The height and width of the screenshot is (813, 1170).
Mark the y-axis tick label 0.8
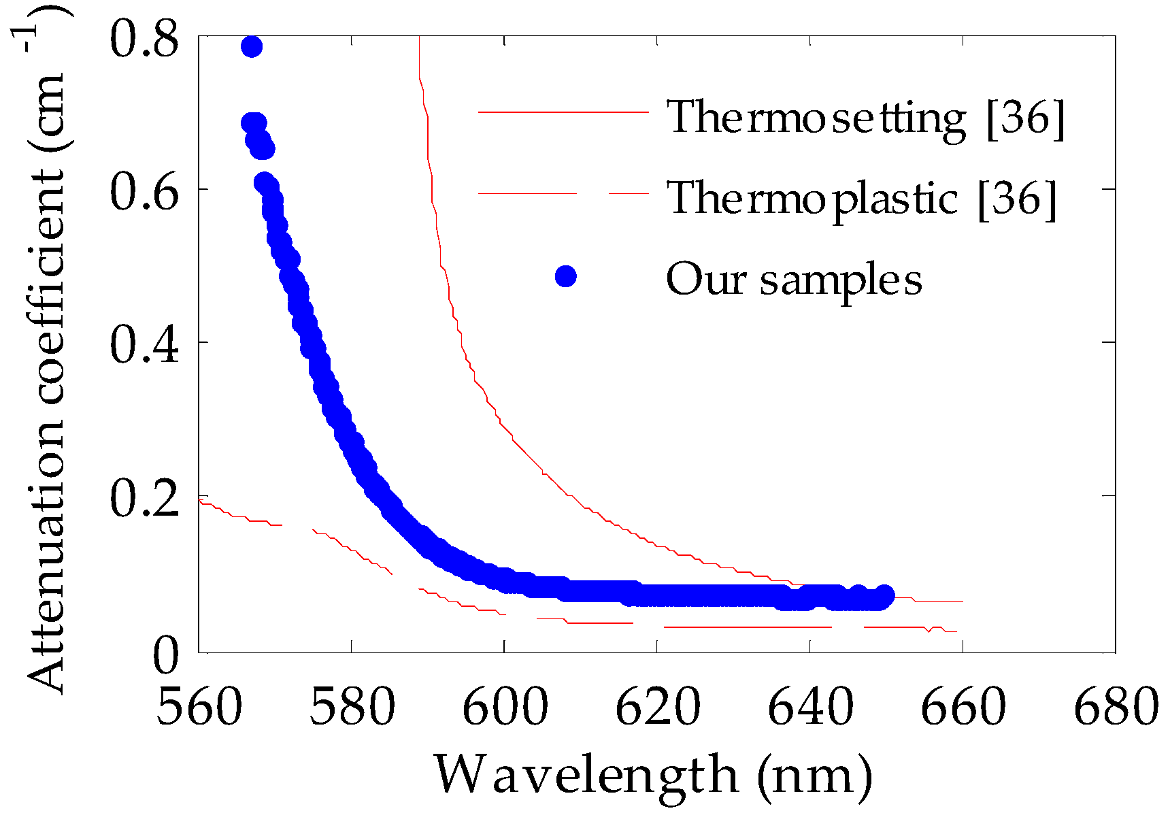(x=144, y=39)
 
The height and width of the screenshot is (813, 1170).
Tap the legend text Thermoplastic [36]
(x=861, y=199)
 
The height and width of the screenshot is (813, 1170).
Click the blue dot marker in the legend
(x=565, y=276)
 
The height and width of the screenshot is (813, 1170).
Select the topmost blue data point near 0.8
(x=252, y=47)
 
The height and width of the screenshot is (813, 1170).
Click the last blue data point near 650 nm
(x=884, y=595)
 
